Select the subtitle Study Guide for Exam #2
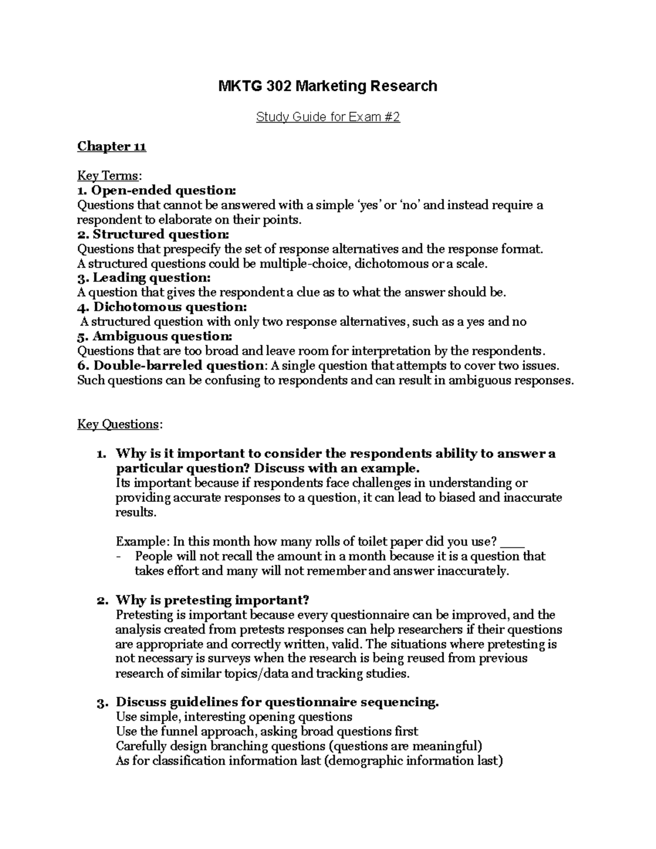point(328,117)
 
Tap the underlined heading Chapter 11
point(112,147)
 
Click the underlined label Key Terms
point(108,176)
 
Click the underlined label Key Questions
point(119,424)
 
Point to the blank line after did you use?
point(512,543)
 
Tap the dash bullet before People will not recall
point(119,557)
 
